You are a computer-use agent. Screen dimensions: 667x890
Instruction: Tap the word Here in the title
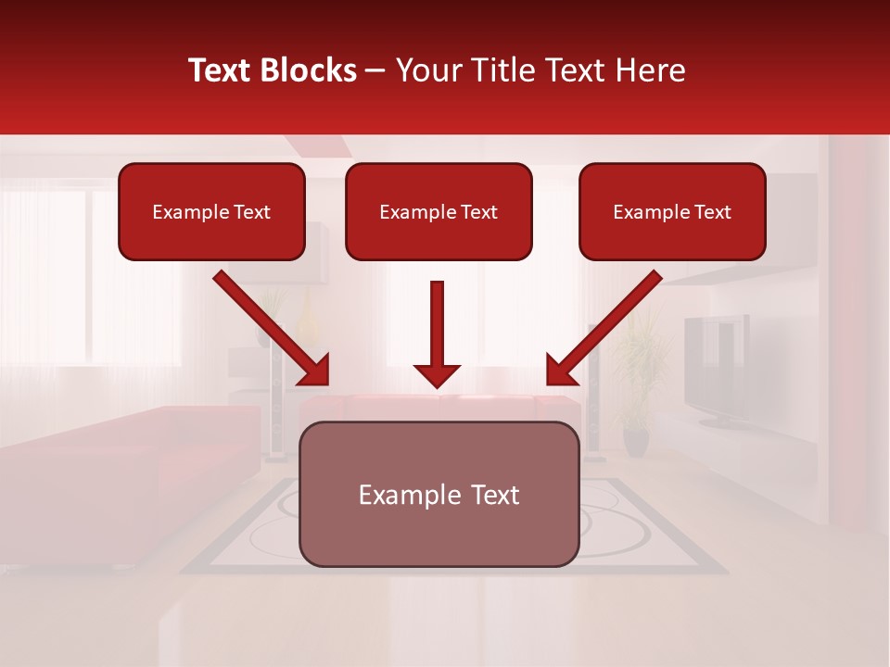(651, 70)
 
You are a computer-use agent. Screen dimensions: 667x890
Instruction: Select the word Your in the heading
(426, 70)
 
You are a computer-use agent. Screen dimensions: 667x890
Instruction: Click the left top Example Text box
(211, 212)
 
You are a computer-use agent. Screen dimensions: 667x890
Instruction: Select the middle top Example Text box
(439, 212)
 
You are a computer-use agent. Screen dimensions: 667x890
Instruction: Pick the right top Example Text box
(672, 212)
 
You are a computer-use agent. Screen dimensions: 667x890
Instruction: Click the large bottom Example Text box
(439, 495)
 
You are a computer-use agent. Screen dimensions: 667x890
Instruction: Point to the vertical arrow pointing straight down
(437, 329)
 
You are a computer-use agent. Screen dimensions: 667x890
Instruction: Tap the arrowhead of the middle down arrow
(437, 375)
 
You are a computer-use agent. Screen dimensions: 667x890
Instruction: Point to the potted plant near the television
(636, 389)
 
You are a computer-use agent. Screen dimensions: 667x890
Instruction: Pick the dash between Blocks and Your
(375, 70)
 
